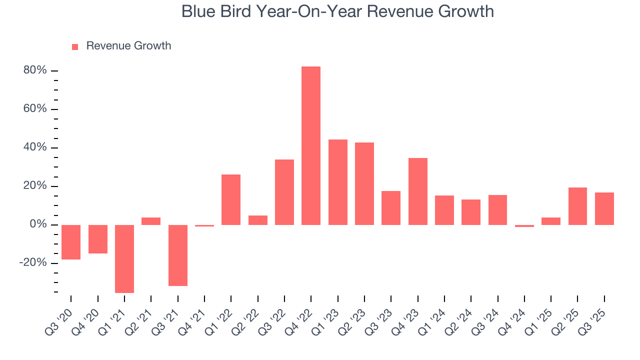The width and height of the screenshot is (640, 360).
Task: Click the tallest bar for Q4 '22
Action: (311, 145)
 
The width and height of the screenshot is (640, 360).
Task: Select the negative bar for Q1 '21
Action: (124, 258)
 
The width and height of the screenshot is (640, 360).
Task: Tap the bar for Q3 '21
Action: (177, 255)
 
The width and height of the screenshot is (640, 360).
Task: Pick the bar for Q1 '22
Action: (231, 199)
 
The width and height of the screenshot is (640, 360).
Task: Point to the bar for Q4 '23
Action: (417, 191)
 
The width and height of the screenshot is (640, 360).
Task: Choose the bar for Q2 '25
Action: (577, 206)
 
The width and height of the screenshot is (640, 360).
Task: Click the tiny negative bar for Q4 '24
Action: (524, 226)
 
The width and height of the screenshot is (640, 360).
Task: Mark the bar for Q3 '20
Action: (71, 242)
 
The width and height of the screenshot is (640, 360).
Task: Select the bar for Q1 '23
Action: (337, 182)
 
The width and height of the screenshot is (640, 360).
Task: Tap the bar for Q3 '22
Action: (284, 192)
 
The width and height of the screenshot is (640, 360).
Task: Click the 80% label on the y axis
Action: (35, 70)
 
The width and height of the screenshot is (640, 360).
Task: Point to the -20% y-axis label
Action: (32, 263)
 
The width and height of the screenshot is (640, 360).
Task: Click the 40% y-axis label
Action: (35, 147)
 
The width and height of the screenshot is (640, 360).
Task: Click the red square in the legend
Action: (75, 46)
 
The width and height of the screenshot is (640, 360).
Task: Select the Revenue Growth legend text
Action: (128, 46)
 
